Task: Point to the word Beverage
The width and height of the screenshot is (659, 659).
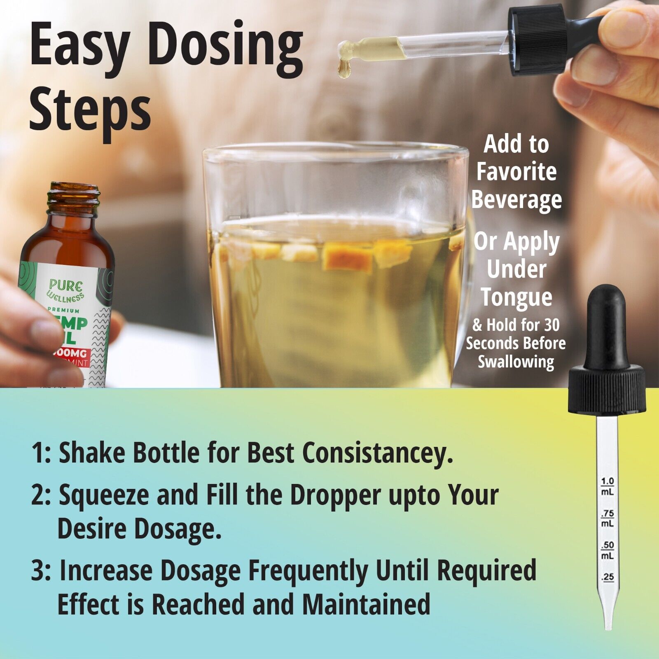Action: tap(516, 200)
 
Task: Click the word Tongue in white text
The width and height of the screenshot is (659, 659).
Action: tap(516, 297)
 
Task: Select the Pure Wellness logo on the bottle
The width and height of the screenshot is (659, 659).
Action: tap(66, 290)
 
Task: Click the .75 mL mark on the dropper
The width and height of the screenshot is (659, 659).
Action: tap(607, 518)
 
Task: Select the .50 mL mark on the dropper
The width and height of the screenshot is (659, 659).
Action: tap(607, 549)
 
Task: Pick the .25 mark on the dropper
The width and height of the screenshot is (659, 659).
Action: tap(608, 577)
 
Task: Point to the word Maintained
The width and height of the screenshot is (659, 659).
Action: tap(366, 604)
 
